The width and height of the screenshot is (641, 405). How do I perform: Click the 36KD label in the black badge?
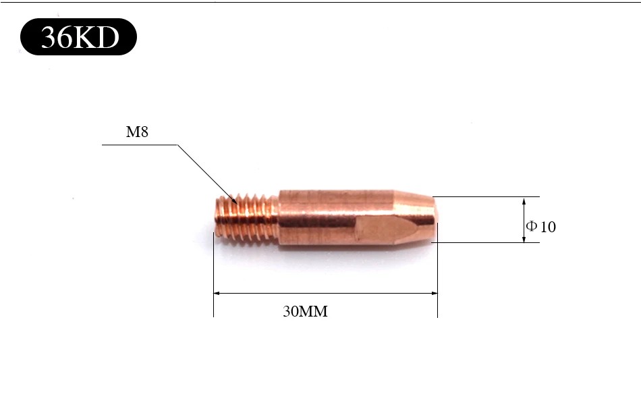click(80, 38)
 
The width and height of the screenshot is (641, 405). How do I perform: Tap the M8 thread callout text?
click(137, 132)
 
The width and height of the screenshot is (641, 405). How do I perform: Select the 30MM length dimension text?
click(305, 312)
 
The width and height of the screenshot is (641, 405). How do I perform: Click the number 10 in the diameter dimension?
click(548, 227)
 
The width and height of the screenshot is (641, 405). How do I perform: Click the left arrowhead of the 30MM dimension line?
click(217, 294)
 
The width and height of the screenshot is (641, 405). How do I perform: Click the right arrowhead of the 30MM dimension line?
click(434, 294)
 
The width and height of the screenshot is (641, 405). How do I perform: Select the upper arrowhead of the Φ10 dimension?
click(524, 201)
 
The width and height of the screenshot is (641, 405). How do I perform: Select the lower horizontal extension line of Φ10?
click(486, 242)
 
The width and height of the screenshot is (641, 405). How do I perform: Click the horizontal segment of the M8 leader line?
click(138, 144)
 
